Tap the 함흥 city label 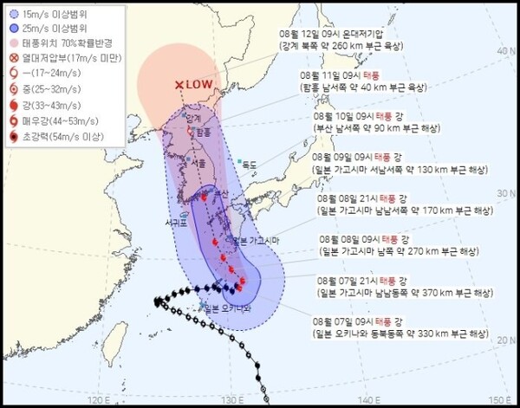(203, 133)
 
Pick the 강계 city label (193, 118)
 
